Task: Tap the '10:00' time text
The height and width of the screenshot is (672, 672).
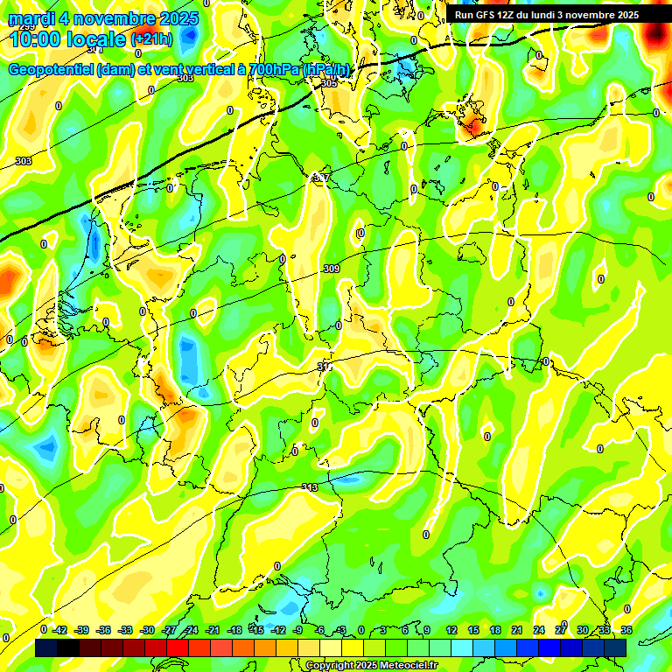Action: coord(35,39)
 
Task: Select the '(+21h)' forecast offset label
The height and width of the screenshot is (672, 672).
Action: coord(152,39)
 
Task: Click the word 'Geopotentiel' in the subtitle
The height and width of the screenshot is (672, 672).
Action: coord(52,70)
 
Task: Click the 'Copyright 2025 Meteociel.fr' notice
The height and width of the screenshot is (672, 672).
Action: coord(371,666)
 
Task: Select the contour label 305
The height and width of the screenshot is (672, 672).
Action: coord(329,83)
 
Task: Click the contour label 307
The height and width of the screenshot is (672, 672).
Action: coord(321,178)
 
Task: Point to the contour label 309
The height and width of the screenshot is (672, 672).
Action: coord(331,269)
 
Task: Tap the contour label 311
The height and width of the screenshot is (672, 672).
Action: coord(325,367)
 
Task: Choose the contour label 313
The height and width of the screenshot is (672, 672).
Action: coord(309,487)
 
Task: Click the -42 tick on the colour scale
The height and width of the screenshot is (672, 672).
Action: coord(60,630)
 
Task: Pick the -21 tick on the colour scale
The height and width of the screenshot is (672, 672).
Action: coord(212,630)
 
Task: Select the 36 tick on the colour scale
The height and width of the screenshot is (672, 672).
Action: coord(626,630)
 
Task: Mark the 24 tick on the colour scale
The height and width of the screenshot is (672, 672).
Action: coord(539,630)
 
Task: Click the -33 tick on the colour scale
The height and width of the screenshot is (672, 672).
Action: coord(126,630)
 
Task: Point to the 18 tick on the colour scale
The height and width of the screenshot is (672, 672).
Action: coord(494,630)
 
